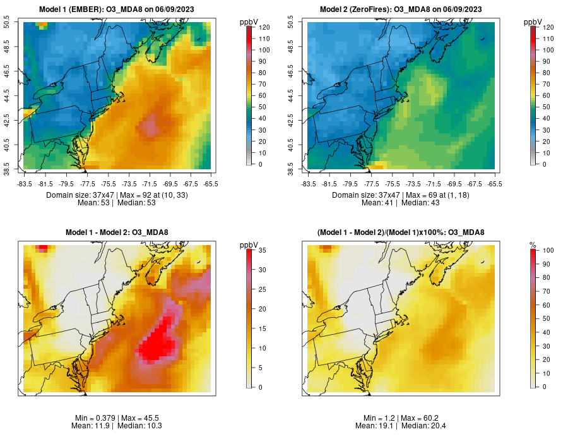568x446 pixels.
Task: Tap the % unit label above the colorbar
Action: (533, 244)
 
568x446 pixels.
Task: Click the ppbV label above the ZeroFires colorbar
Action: (533, 22)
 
